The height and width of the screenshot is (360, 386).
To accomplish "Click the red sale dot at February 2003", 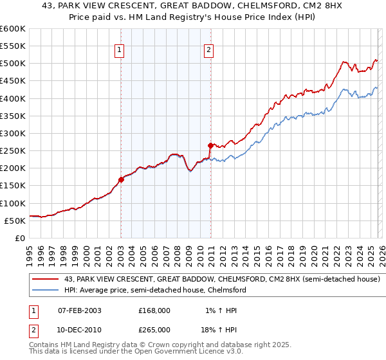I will [121, 179].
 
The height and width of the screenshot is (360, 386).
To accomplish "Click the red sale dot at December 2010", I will [210, 145].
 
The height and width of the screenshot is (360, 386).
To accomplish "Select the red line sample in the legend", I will [46, 279].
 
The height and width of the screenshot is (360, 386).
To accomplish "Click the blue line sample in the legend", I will [46, 290].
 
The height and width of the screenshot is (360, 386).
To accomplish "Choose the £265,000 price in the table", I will [154, 329].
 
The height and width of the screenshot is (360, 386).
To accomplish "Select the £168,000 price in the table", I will [154, 310].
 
